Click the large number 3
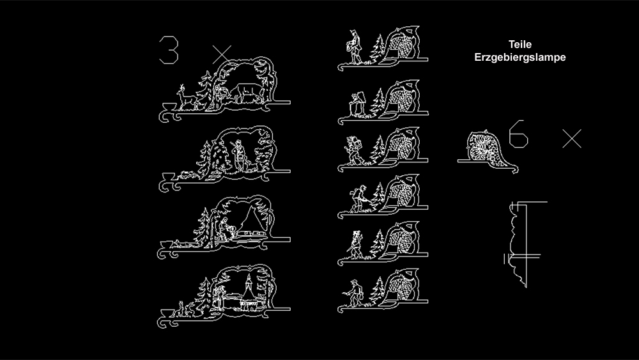pyautogui.click(x=169, y=50)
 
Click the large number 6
pyautogui.click(x=518, y=134)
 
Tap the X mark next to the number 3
pyautogui.click(x=222, y=54)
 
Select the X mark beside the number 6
pyautogui.click(x=572, y=139)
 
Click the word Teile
pyautogui.click(x=520, y=44)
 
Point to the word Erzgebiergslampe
pyautogui.click(x=520, y=57)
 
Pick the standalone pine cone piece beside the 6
pyautogui.click(x=488, y=151)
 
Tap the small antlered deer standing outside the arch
pyautogui.click(x=186, y=97)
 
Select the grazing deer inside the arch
pyautogui.click(x=246, y=93)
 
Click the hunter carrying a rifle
pyautogui.click(x=238, y=155)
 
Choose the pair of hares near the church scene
pyautogui.click(x=185, y=309)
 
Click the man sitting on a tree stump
pyautogui.click(x=357, y=104)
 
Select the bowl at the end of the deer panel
pyautogui.click(x=169, y=107)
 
